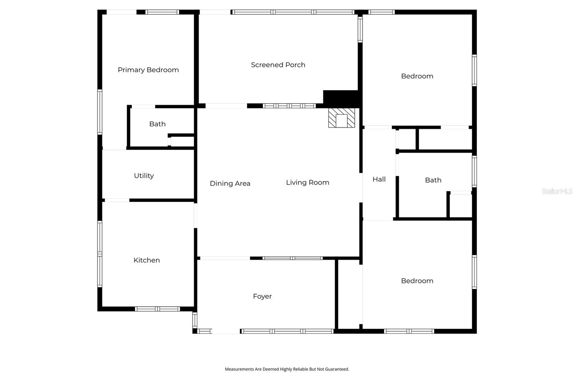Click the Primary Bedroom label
148,70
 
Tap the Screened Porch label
278,65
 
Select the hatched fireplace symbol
342,118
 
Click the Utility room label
144,176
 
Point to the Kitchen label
146,260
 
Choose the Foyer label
262,296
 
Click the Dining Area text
230,183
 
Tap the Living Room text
307,182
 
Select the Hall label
379,179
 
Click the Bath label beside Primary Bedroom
157,124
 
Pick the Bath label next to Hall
433,180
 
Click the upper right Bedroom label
417,76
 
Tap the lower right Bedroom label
417,281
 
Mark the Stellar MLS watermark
557,191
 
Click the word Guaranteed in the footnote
337,369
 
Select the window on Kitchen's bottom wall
157,309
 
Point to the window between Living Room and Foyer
292,258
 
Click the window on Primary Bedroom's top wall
162,12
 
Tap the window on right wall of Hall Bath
474,171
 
